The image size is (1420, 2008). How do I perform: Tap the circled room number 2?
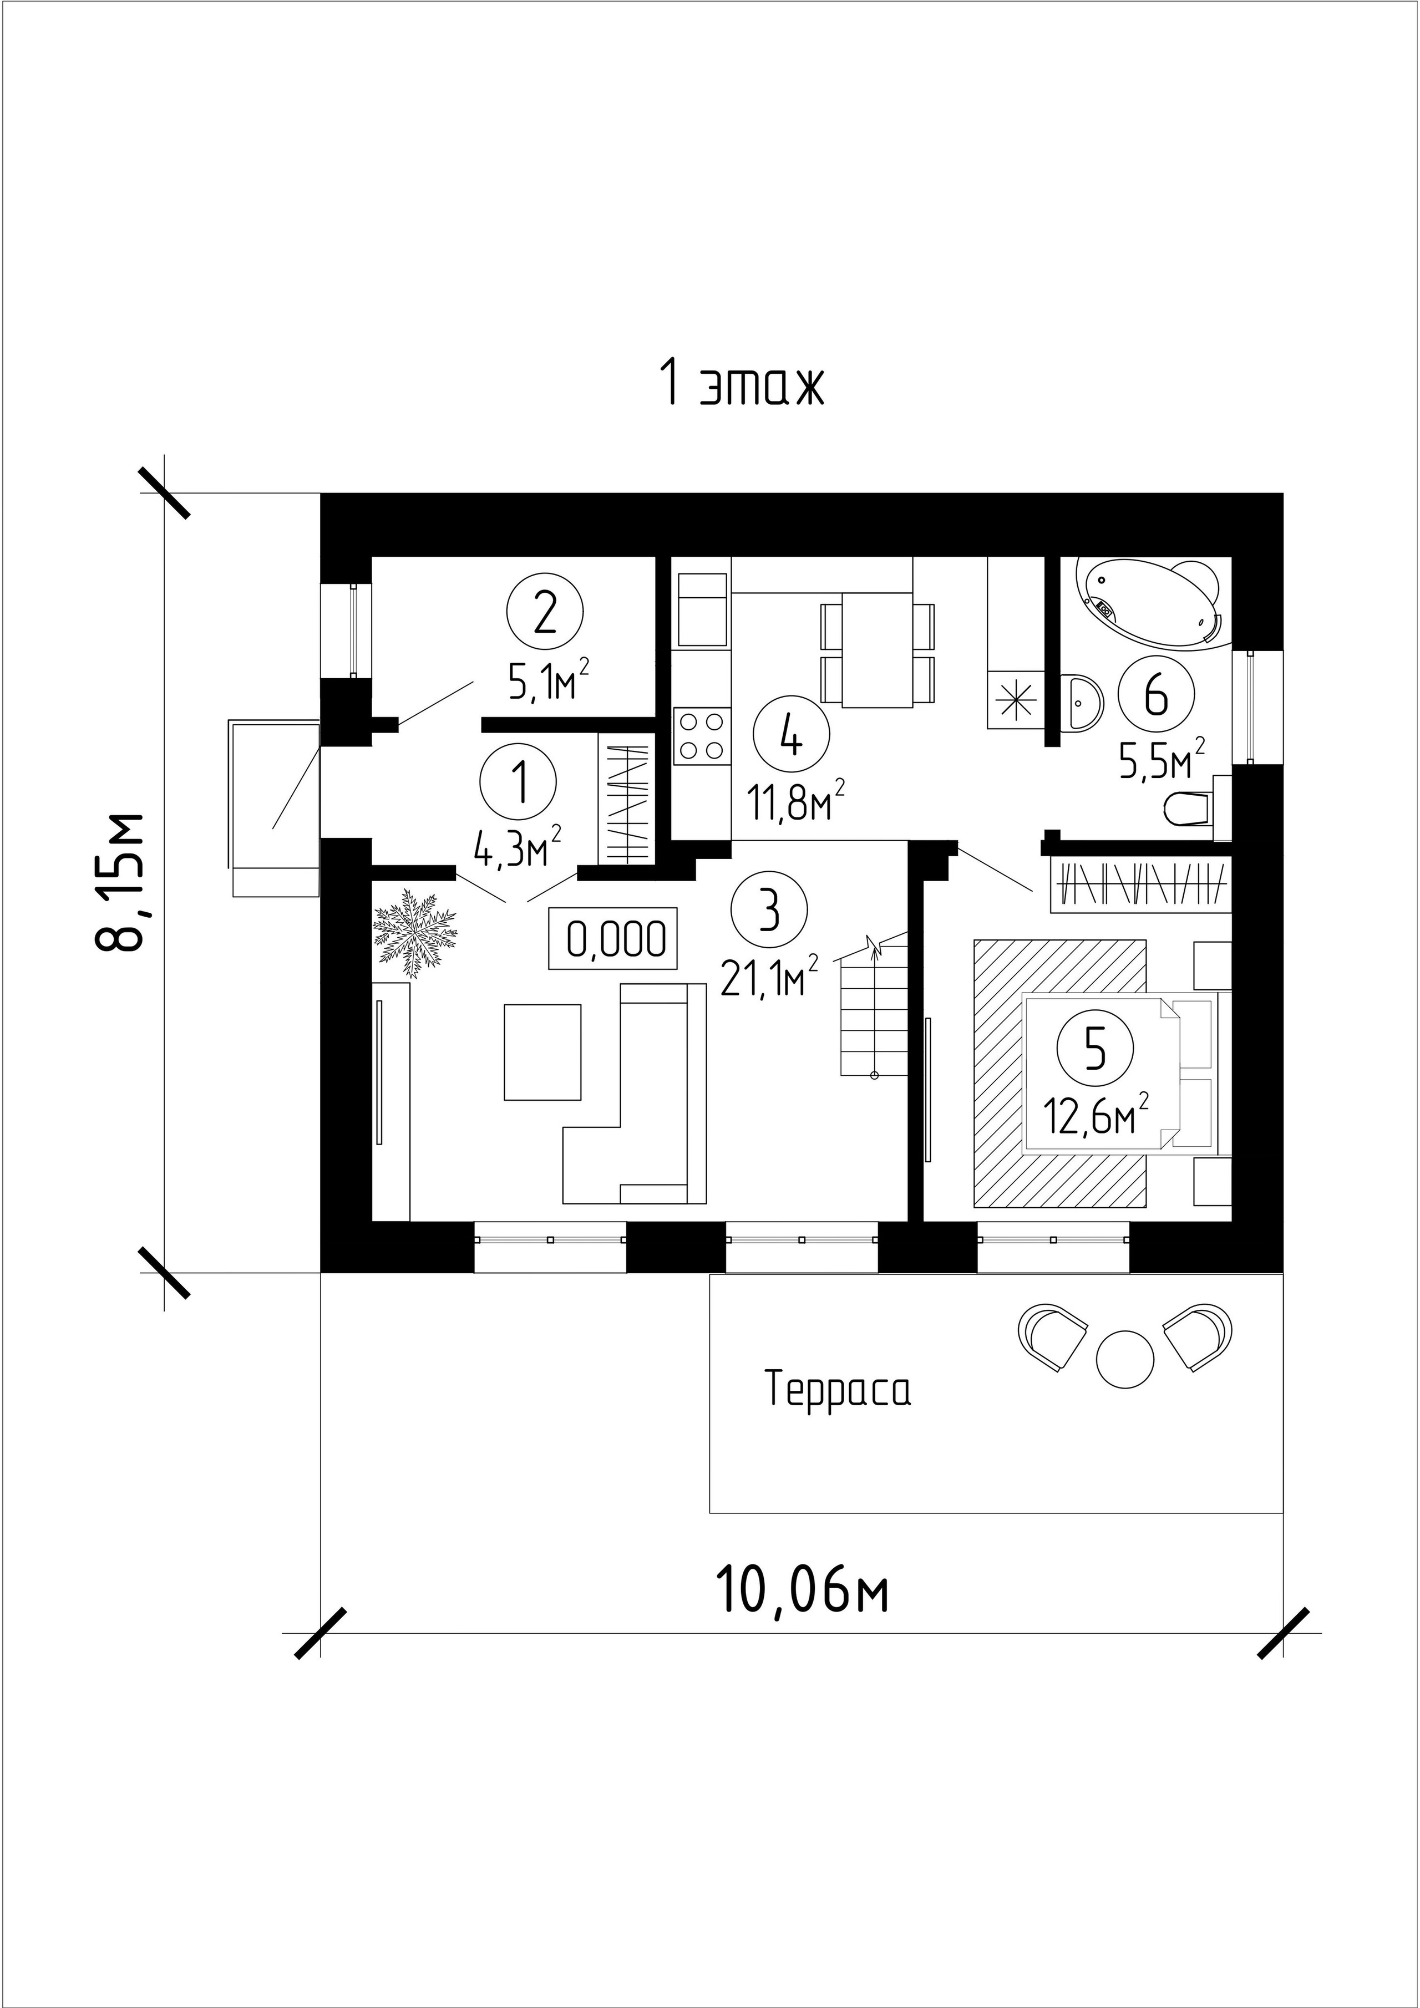[544, 613]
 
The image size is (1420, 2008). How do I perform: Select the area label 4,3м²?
[517, 846]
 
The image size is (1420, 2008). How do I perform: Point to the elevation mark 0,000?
[613, 938]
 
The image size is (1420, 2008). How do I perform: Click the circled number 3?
[770, 911]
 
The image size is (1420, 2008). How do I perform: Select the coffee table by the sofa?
[542, 1051]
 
